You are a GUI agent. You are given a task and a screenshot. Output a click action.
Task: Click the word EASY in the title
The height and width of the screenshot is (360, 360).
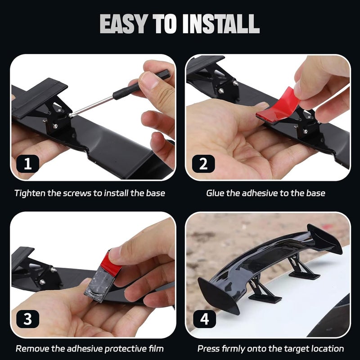click(123, 24)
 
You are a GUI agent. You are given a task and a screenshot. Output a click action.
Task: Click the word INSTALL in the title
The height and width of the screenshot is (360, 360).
click(221, 24)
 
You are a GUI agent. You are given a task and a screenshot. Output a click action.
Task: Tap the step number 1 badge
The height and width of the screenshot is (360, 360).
click(28, 164)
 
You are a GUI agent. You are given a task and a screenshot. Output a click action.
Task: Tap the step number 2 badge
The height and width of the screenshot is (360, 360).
click(203, 164)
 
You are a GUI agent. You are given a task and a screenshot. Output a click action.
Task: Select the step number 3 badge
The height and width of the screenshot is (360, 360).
click(28, 319)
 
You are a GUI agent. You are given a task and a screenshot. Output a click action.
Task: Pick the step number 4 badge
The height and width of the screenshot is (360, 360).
click(205, 319)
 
